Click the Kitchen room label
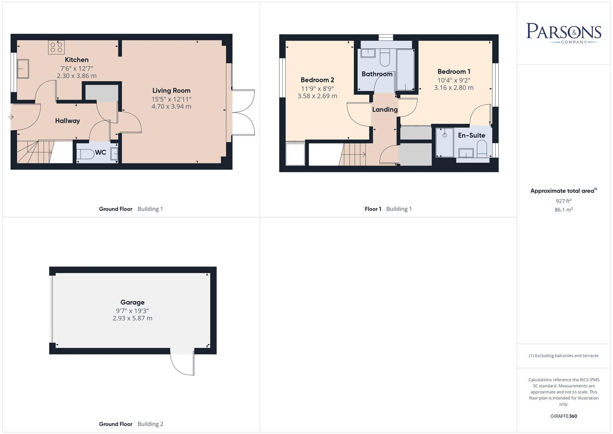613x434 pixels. pyautogui.click(x=77, y=60)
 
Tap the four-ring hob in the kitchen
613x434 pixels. pyautogui.click(x=56, y=47)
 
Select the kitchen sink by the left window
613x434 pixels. pyautogui.click(x=23, y=69)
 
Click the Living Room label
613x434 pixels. pyautogui.click(x=171, y=91)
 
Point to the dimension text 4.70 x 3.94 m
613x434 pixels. pyautogui.click(x=171, y=106)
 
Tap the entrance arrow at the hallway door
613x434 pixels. pyautogui.click(x=10, y=117)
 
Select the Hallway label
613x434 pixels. pyautogui.click(x=67, y=121)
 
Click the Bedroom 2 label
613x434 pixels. pyautogui.click(x=317, y=80)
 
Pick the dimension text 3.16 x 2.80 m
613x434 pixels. pyautogui.click(x=454, y=88)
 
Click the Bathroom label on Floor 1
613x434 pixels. pyautogui.click(x=377, y=74)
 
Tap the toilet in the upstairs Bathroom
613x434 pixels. pyautogui.click(x=385, y=58)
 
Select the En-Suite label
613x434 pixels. pyautogui.click(x=471, y=135)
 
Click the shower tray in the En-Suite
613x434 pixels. pyautogui.click(x=444, y=142)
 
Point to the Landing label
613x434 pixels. pyautogui.click(x=385, y=110)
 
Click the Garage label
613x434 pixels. pyautogui.click(x=132, y=303)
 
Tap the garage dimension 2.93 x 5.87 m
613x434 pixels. pyautogui.click(x=132, y=318)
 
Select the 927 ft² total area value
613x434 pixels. pyautogui.click(x=564, y=201)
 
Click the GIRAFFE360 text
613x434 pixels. pyautogui.click(x=564, y=416)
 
